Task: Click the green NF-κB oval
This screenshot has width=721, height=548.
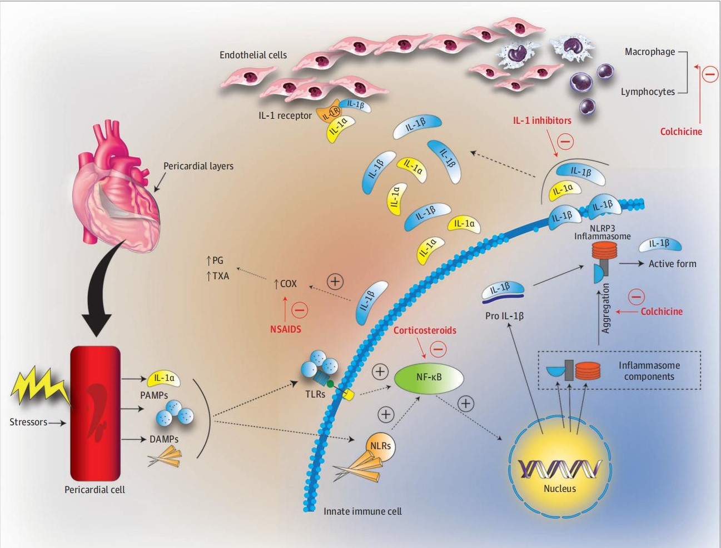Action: coord(429,378)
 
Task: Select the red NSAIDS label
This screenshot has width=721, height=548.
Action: coord(285,329)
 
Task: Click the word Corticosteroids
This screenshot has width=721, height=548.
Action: coord(425,330)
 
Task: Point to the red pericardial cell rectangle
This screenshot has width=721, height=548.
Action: coord(95,413)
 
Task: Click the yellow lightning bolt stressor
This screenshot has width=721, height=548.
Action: coord(39,385)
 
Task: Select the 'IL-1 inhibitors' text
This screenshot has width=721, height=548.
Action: coord(542,120)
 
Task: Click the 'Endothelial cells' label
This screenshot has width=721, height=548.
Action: coord(253,55)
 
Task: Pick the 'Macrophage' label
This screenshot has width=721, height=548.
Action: coord(649,52)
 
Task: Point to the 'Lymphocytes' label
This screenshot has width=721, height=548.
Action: coord(648,92)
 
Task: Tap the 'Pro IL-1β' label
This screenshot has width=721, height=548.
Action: coord(504,316)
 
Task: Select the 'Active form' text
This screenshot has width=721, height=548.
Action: coord(672,264)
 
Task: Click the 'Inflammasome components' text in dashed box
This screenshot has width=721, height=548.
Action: coord(649,371)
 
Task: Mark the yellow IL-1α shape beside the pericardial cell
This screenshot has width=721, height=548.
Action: coord(163,379)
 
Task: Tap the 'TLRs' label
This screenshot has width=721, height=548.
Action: coord(315,394)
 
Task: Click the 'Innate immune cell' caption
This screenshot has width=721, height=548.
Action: coord(362,511)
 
